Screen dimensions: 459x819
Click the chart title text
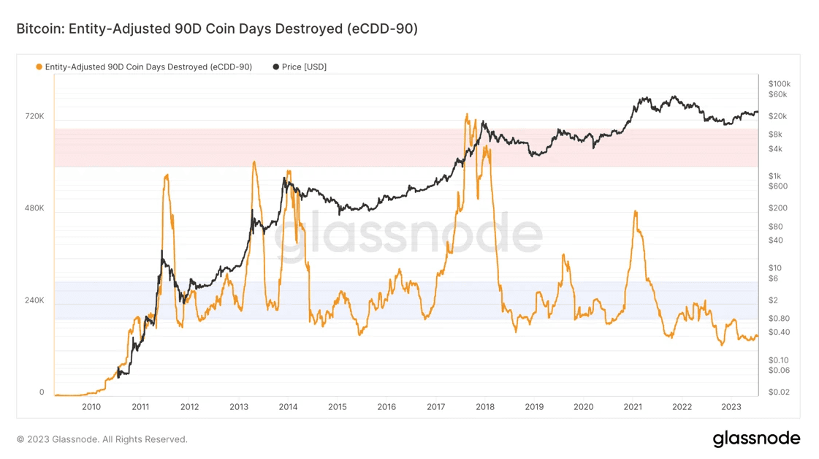(217, 29)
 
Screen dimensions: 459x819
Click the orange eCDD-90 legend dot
(39, 67)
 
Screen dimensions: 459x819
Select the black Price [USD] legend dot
(275, 67)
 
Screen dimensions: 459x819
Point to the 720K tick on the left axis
(35, 116)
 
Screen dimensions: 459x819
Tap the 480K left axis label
(35, 208)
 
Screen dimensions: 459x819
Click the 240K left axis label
(35, 300)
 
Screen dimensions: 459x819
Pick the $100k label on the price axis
(779, 84)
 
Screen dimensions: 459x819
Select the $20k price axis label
(777, 116)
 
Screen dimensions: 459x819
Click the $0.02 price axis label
(779, 392)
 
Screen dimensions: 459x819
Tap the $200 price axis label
(777, 208)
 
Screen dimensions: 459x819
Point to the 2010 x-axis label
(91, 407)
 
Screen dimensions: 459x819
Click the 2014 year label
(288, 407)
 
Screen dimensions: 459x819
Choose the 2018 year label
(485, 407)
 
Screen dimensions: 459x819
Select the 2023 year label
(731, 407)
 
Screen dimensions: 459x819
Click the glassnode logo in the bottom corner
(756, 439)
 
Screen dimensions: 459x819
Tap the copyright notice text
(102, 439)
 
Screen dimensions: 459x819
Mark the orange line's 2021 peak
(636, 211)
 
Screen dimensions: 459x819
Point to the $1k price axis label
(774, 176)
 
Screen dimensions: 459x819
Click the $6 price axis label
(773, 278)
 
